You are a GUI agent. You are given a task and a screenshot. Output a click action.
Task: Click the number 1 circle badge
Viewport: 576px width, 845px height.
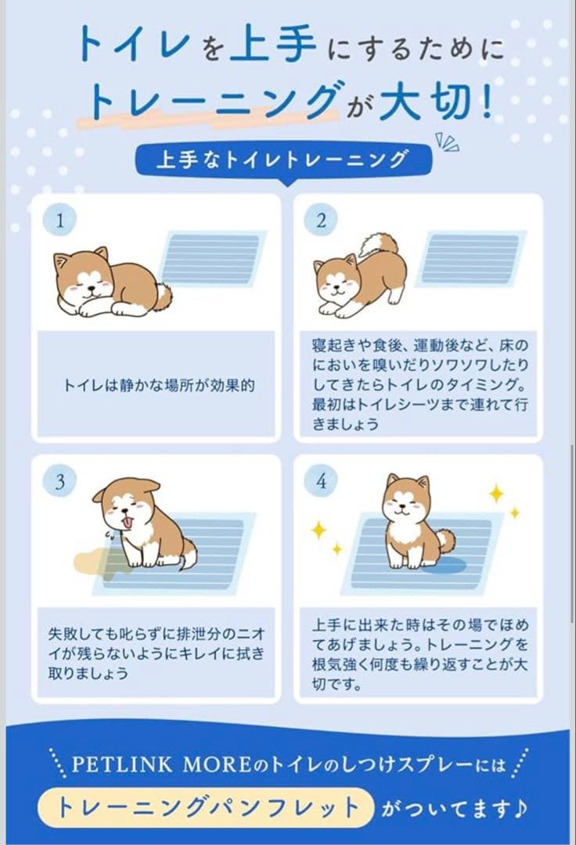[59, 220]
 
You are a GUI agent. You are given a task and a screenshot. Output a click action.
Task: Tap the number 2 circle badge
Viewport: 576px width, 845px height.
[322, 220]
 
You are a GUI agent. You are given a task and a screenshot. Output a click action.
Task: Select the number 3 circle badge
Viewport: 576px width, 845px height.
[59, 480]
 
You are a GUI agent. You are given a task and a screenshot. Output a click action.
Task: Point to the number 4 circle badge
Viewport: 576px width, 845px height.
[322, 480]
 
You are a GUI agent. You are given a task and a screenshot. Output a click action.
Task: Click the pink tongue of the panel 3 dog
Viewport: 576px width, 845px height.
[129, 522]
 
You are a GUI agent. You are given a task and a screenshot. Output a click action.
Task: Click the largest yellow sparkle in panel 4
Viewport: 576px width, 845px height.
[496, 493]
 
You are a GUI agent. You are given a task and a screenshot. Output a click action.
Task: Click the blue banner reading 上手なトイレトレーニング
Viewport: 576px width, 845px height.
[284, 160]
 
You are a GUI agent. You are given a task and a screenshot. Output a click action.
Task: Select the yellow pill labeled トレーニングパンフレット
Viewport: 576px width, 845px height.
[207, 808]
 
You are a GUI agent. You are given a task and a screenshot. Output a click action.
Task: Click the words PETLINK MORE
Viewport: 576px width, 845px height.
[162, 764]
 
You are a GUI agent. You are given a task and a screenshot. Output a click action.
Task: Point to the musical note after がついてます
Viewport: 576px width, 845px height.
[520, 807]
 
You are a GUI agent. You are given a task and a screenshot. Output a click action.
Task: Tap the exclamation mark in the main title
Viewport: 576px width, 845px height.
[487, 100]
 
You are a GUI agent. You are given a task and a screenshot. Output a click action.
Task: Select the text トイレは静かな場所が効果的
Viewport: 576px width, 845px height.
[159, 385]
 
